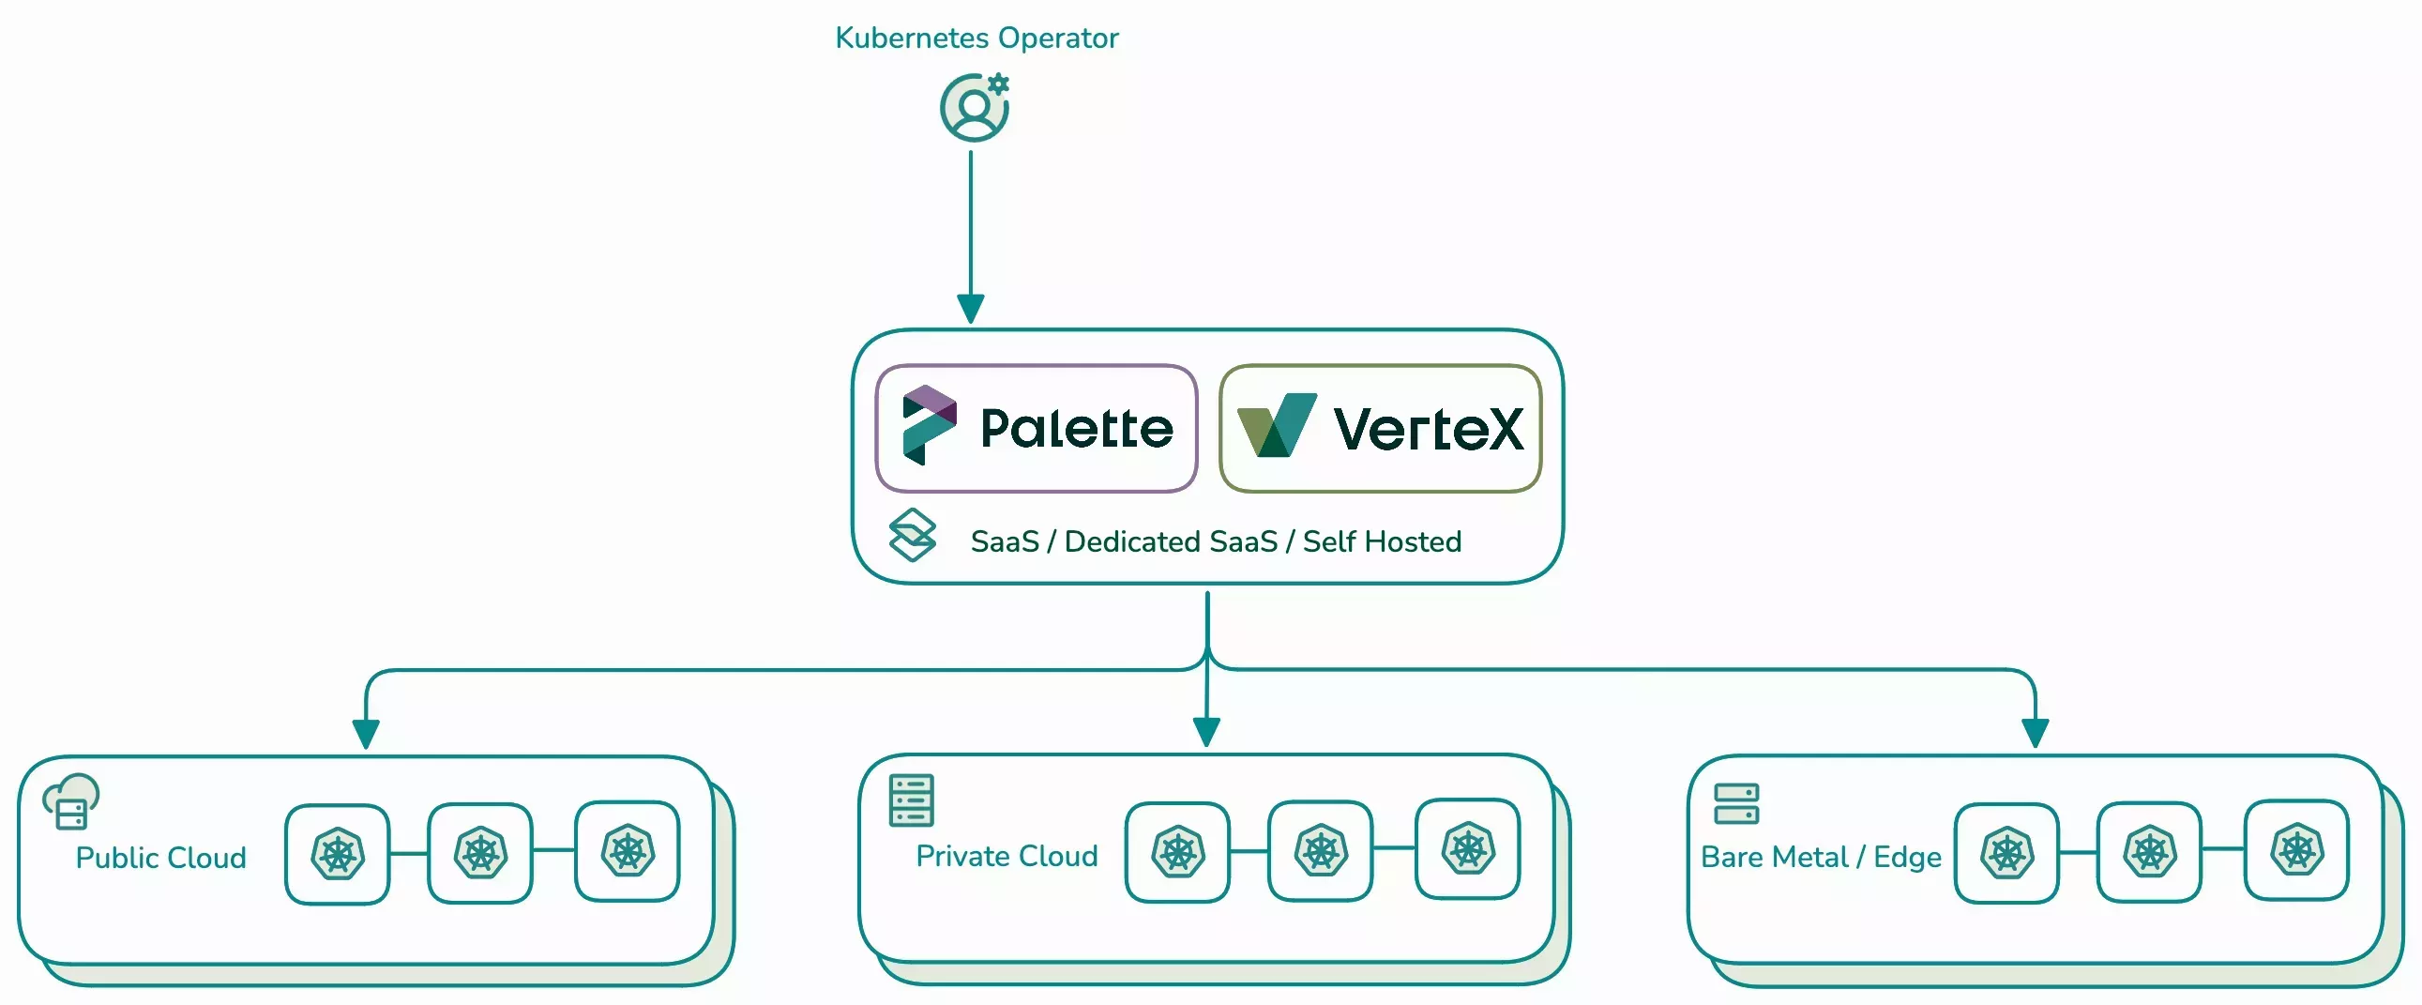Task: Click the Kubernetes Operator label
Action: [976, 38]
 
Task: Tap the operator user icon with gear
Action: [975, 108]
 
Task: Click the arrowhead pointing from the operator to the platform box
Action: [970, 309]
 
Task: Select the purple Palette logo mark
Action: [928, 425]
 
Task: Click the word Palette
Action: [1077, 429]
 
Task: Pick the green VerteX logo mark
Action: [1276, 426]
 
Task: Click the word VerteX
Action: [1428, 430]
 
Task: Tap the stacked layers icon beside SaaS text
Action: [912, 535]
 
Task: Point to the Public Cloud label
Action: [160, 858]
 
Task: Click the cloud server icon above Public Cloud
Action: [71, 801]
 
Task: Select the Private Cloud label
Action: [1006, 856]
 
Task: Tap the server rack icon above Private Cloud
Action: [911, 800]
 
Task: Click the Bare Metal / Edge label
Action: [1821, 857]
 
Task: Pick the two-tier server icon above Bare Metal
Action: [1735, 804]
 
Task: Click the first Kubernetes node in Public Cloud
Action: [338, 854]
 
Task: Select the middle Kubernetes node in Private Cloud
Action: [1320, 851]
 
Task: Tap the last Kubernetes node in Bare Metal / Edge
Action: [2296, 850]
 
